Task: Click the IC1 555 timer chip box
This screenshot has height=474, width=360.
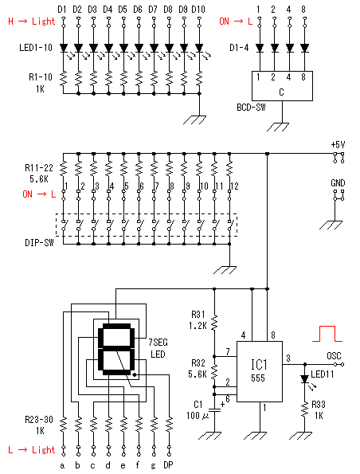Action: (260, 371)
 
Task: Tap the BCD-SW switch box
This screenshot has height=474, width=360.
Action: (282, 86)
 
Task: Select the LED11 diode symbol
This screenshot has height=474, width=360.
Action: (305, 379)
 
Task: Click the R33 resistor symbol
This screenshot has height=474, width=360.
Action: (305, 410)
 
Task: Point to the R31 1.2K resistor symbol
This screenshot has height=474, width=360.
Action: (214, 323)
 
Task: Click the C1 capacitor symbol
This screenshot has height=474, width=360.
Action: (214, 410)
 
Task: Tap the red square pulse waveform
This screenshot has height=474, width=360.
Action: (327, 334)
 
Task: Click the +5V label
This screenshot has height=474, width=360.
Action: (338, 145)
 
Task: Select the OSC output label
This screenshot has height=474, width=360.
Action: (334, 356)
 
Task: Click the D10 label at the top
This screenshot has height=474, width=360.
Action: (198, 10)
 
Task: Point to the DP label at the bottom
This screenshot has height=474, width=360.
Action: (168, 465)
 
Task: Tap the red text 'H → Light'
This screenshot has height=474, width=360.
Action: (32, 22)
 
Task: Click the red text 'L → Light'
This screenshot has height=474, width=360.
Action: (32, 450)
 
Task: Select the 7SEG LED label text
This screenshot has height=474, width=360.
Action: (158, 348)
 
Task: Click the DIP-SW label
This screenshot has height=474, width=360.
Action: (39, 243)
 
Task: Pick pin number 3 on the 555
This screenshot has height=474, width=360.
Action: (288, 358)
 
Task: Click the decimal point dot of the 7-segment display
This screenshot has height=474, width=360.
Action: (135, 375)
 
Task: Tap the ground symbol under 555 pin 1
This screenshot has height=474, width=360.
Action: (260, 435)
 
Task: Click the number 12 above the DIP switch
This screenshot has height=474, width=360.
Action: (235, 186)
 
